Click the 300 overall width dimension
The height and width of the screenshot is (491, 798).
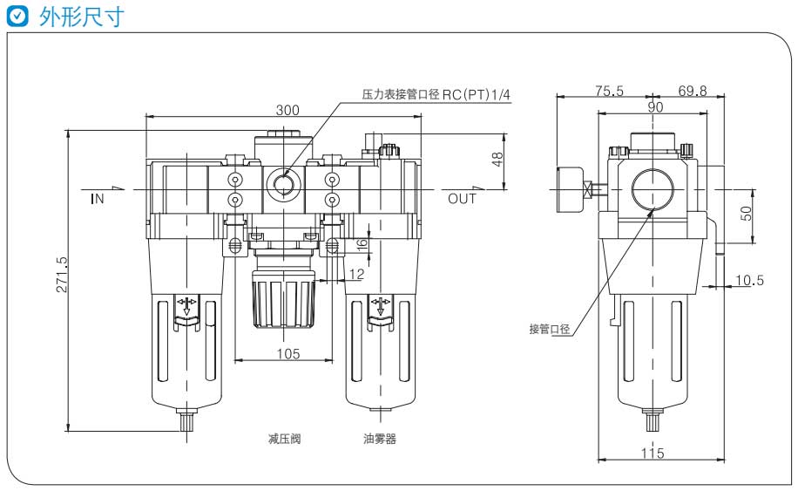(287, 110)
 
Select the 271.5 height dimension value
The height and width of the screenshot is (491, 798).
(62, 275)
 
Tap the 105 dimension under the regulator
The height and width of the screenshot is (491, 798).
(287, 353)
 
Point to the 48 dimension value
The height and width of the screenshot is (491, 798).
(497, 159)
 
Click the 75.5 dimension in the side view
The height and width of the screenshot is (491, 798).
(610, 91)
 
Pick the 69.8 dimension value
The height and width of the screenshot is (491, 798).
(692, 91)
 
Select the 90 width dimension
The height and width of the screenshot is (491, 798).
(654, 107)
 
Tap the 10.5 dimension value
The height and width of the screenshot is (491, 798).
(749, 280)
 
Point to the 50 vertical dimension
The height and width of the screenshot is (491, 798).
(746, 214)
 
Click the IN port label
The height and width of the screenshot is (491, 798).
(98, 199)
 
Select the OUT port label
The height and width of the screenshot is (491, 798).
(463, 199)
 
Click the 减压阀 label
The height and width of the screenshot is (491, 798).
(284, 439)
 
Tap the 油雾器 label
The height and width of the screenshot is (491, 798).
(380, 439)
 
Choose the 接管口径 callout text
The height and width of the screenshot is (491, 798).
(550, 329)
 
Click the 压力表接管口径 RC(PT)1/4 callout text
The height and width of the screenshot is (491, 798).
(436, 94)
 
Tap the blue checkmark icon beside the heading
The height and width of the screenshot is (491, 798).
(17, 17)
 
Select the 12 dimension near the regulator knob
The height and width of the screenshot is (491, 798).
(355, 275)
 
